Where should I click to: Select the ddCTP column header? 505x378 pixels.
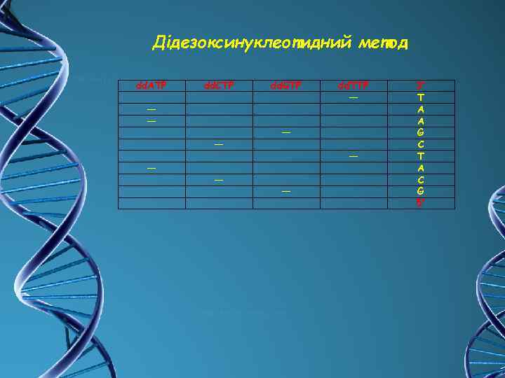pyautogui.click(x=217, y=85)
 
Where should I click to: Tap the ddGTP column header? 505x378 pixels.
pyautogui.click(x=285, y=85)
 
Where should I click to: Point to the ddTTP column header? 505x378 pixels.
pyautogui.click(x=353, y=85)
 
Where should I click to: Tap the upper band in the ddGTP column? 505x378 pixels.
pyautogui.click(x=285, y=132)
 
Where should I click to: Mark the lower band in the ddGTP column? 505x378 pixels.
pyautogui.click(x=285, y=191)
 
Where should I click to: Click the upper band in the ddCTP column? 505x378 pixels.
pyautogui.click(x=218, y=144)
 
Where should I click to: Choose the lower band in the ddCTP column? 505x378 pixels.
pyautogui.click(x=218, y=180)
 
